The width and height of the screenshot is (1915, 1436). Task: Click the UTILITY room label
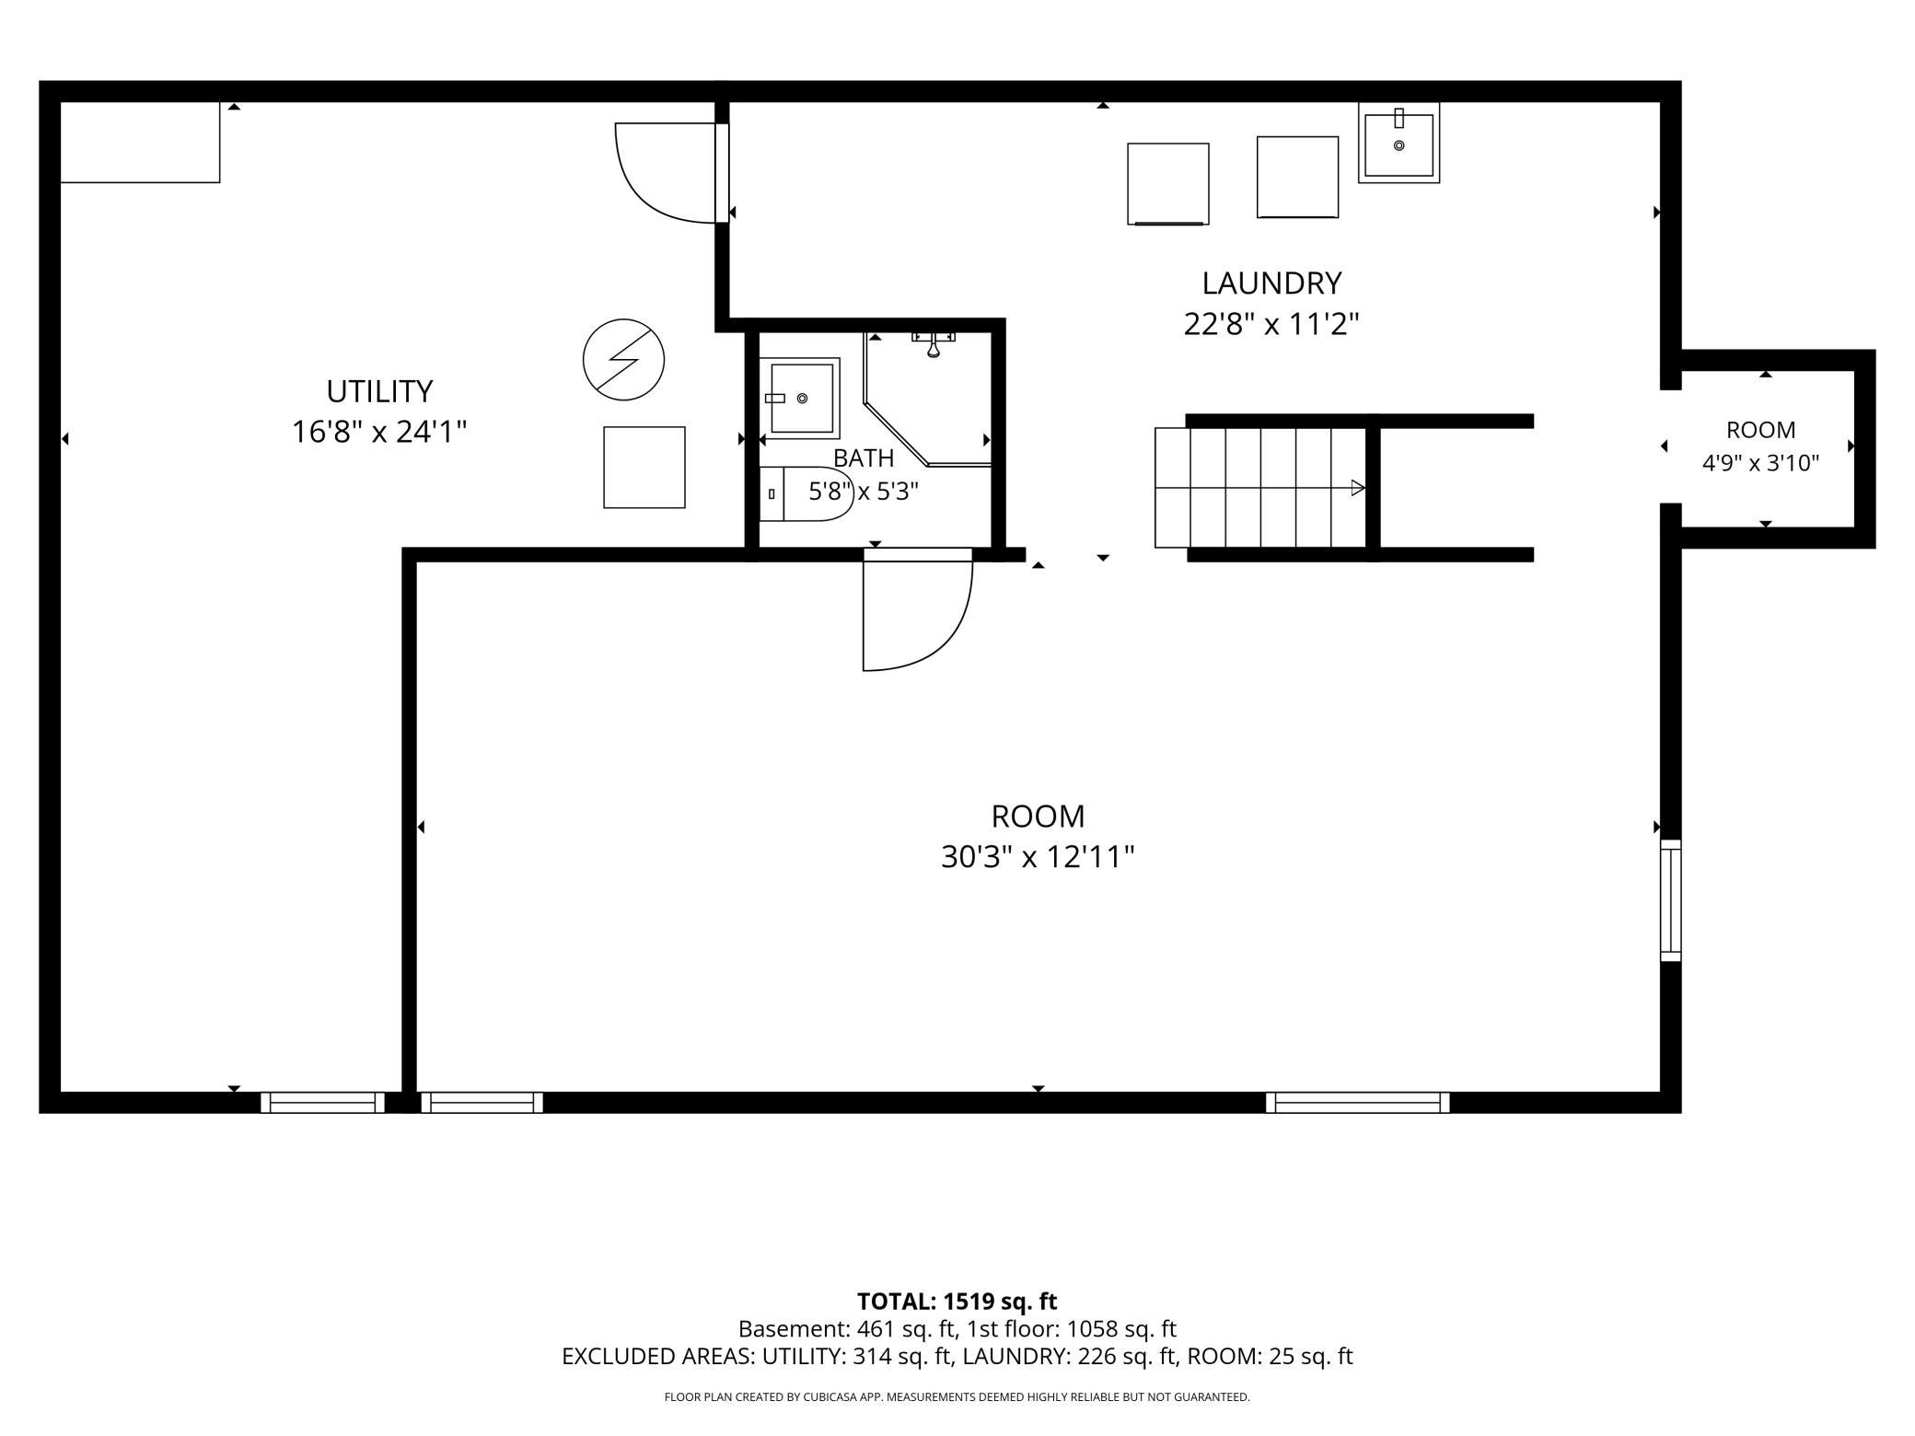click(x=379, y=391)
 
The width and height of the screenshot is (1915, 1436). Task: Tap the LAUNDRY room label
click(x=1271, y=283)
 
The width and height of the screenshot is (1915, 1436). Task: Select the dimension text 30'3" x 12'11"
click(x=1038, y=858)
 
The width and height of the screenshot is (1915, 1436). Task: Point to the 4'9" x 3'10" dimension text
click(x=1760, y=463)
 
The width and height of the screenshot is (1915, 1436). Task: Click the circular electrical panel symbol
click(x=623, y=359)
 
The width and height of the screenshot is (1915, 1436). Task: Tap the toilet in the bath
click(x=807, y=494)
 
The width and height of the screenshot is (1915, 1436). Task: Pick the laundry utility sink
click(x=1399, y=143)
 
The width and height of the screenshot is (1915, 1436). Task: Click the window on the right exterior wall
click(x=1670, y=900)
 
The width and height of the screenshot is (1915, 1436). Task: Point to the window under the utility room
click(x=322, y=1102)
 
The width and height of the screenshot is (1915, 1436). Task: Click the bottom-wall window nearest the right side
click(x=1357, y=1102)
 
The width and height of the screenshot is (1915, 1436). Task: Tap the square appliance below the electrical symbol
click(x=644, y=467)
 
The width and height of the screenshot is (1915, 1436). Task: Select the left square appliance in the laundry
click(x=1168, y=184)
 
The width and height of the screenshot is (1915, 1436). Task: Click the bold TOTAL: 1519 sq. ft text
click(x=957, y=1302)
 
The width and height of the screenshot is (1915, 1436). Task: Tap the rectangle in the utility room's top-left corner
click(x=140, y=143)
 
